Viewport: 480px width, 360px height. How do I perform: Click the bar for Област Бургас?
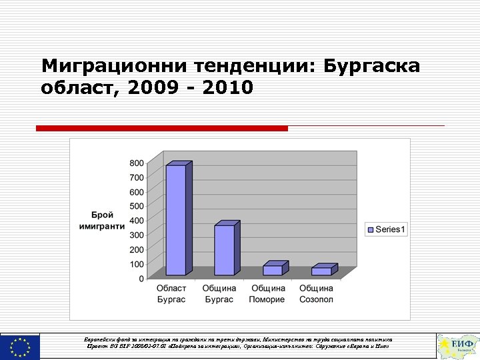[x=176, y=220]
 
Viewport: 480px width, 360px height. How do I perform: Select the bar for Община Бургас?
[x=224, y=250]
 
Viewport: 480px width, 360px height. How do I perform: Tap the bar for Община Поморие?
[x=272, y=270]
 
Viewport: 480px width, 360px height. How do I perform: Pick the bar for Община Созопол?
[x=321, y=271]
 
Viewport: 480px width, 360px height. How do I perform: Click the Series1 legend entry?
[x=387, y=229]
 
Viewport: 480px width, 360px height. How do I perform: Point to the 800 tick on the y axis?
[x=136, y=163]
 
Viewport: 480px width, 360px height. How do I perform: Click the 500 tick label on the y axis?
[x=136, y=206]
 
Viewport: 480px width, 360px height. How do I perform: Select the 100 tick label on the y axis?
[x=136, y=264]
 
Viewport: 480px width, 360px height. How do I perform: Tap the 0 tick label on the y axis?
[x=140, y=279]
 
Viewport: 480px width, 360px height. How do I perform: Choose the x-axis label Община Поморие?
[x=267, y=294]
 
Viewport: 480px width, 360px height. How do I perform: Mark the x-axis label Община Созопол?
[x=316, y=294]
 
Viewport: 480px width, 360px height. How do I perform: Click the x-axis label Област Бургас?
[x=171, y=294]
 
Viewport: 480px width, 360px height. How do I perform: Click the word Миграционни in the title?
[x=113, y=67]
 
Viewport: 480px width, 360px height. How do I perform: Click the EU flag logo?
[x=20, y=347]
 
